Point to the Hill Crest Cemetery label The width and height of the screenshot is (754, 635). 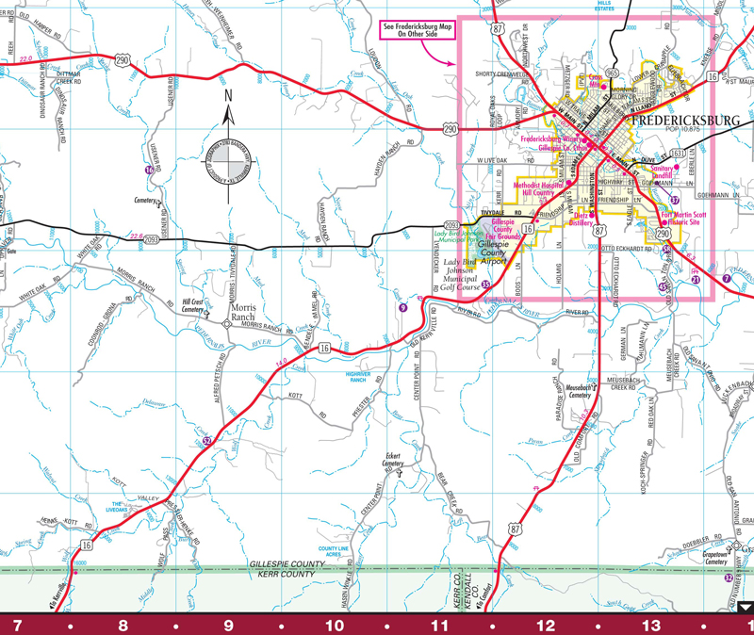192,305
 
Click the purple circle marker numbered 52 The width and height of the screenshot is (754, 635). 205,440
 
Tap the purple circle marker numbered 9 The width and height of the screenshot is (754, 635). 402,307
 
